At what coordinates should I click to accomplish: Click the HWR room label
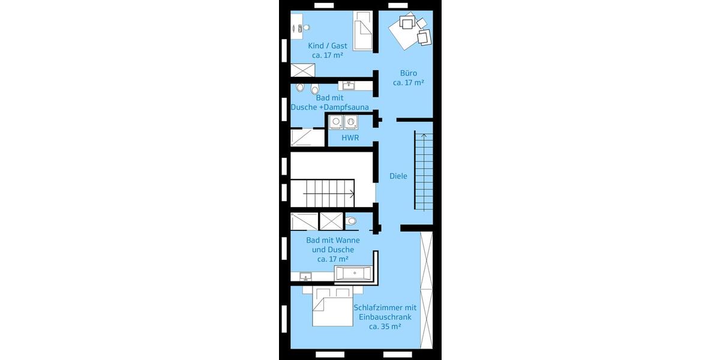(x=350, y=137)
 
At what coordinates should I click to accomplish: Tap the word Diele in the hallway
(x=398, y=176)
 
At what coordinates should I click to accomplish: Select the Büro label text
(x=409, y=73)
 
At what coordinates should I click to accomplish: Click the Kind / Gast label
(x=328, y=46)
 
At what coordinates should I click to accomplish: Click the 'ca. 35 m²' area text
(x=385, y=326)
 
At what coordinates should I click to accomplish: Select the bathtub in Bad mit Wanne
(x=354, y=274)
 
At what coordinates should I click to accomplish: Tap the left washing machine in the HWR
(x=336, y=122)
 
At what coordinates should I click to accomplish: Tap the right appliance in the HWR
(x=350, y=122)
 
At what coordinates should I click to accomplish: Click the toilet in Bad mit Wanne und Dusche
(x=352, y=221)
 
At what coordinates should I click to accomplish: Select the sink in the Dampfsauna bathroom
(x=347, y=85)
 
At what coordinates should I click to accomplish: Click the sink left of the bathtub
(x=306, y=277)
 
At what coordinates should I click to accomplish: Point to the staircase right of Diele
(x=423, y=171)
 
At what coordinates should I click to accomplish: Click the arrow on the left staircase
(x=351, y=194)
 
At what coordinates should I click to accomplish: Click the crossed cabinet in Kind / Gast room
(x=303, y=70)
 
